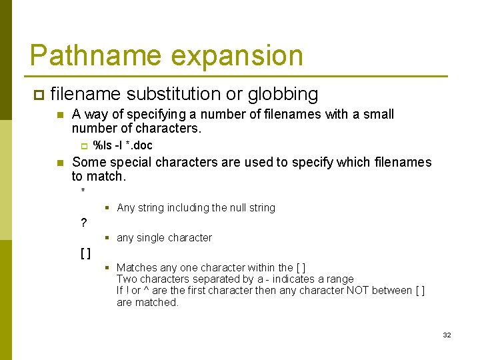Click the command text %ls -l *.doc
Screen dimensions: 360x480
click(x=123, y=145)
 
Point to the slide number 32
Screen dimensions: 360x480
click(x=447, y=335)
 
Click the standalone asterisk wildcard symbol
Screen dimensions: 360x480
click(x=83, y=192)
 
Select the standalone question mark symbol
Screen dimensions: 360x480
click(x=83, y=223)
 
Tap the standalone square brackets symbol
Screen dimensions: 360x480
click(x=85, y=253)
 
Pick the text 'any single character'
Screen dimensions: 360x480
click(x=164, y=238)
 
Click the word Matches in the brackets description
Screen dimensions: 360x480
click(x=137, y=268)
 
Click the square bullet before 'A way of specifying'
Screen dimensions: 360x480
click(x=59, y=115)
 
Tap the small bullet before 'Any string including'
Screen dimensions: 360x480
click(x=107, y=207)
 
